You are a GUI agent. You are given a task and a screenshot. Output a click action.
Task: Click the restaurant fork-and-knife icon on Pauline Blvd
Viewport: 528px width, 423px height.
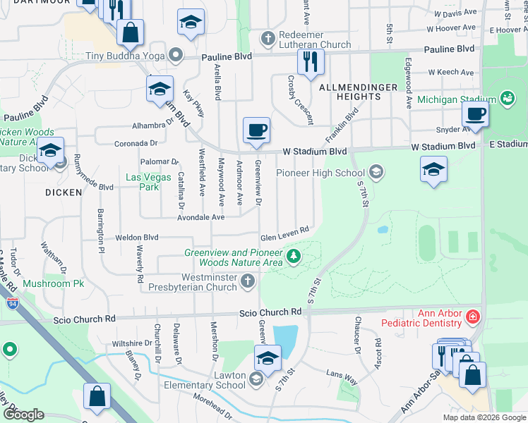click(310, 61)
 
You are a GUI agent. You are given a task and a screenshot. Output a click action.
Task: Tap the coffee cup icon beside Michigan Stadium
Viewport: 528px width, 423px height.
click(474, 114)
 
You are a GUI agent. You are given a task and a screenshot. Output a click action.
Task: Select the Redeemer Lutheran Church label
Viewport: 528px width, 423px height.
click(306, 39)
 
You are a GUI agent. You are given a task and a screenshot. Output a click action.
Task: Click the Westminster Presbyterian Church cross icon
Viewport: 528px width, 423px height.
click(247, 282)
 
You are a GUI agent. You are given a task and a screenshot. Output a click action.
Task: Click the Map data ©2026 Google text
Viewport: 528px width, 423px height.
click(484, 417)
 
